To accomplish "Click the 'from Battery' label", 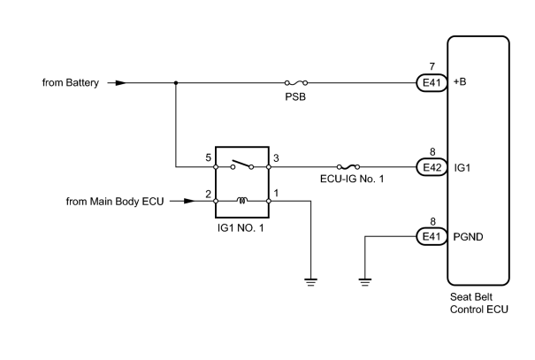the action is pyautogui.click(x=70, y=83).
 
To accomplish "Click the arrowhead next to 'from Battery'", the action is pyautogui.click(x=121, y=83).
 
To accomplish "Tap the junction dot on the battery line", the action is pyautogui.click(x=176, y=83).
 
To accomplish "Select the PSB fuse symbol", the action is pyautogui.click(x=296, y=83).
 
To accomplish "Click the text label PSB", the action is pyautogui.click(x=295, y=97).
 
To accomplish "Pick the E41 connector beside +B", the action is pyautogui.click(x=432, y=83).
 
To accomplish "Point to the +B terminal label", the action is pyautogui.click(x=460, y=82).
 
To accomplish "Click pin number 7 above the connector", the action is pyautogui.click(x=432, y=66).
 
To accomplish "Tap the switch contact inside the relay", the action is pyautogui.click(x=242, y=165).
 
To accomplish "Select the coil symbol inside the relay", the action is pyautogui.click(x=242, y=201).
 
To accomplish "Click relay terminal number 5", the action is pyautogui.click(x=208, y=157).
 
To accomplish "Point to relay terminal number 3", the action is pyautogui.click(x=276, y=158).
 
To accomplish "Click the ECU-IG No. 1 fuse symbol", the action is pyautogui.click(x=348, y=167).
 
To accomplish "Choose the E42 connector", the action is pyautogui.click(x=432, y=167).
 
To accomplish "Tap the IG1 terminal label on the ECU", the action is pyautogui.click(x=462, y=168).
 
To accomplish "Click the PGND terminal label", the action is pyautogui.click(x=468, y=237).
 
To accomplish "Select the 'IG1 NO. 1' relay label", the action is pyautogui.click(x=241, y=228).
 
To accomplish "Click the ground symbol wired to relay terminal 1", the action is pyautogui.click(x=310, y=282).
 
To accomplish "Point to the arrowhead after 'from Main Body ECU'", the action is pyautogui.click(x=189, y=201).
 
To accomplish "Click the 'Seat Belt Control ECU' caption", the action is pyautogui.click(x=479, y=303).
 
